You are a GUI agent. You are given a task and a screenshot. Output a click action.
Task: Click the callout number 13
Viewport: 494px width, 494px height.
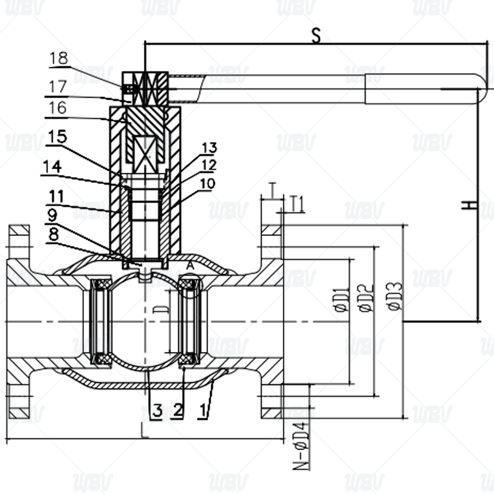coord(209,148)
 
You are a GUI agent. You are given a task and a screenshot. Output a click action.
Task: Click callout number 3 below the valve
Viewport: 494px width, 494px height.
coord(157,409)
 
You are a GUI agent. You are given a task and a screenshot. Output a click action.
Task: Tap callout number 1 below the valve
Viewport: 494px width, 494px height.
coord(204,409)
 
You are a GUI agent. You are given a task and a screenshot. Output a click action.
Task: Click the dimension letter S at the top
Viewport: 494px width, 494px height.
coord(316,36)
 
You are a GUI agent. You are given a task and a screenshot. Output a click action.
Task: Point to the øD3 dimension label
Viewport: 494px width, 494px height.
coord(395,295)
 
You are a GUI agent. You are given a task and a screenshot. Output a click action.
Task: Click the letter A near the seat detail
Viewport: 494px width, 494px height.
coord(190,265)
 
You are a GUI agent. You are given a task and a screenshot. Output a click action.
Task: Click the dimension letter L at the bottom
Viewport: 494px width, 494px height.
coord(144,430)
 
